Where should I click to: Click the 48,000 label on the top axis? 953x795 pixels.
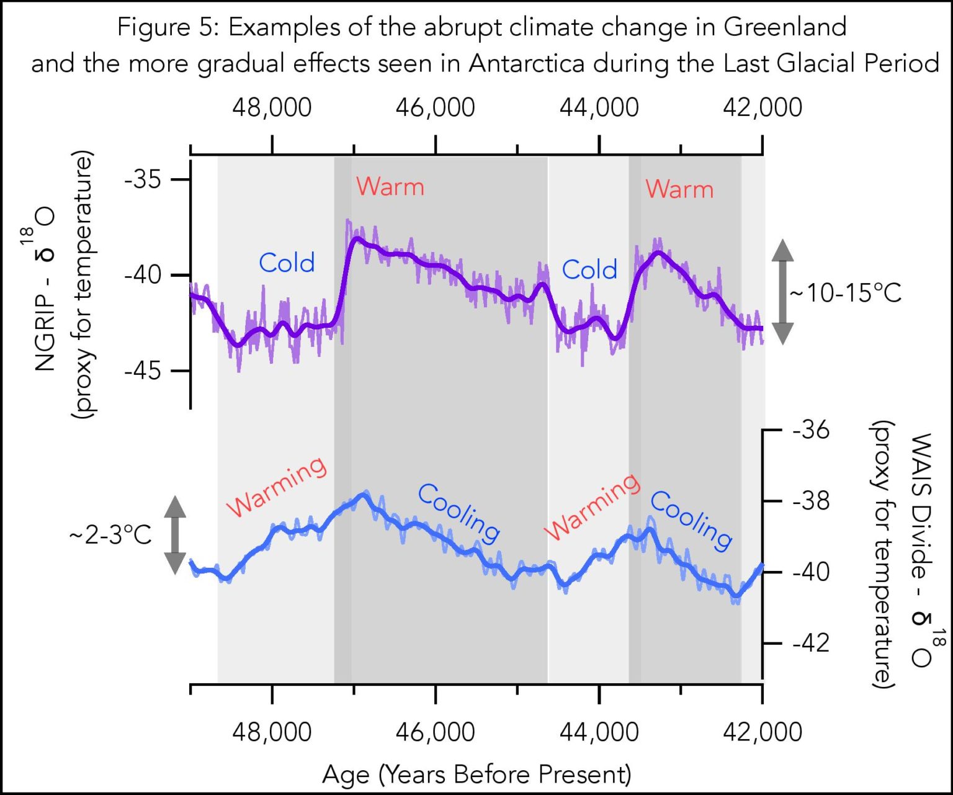point(272,107)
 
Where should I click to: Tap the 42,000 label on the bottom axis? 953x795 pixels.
point(762,732)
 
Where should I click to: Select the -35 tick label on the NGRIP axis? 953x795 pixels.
point(143,179)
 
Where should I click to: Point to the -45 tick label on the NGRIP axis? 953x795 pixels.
point(143,371)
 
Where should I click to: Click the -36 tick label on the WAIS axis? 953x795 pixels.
point(810,429)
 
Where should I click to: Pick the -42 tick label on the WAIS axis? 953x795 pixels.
point(810,643)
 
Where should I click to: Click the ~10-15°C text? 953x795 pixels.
point(845,293)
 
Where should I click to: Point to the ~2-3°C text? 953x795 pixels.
point(110,534)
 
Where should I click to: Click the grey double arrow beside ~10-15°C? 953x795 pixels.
point(782,292)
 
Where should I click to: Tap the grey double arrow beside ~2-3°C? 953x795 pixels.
point(175,535)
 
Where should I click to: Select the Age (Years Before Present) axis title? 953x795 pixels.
point(476,775)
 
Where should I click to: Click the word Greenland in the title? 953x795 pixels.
point(785,27)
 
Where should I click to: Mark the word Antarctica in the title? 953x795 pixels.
point(526,63)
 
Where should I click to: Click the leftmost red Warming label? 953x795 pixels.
point(276,487)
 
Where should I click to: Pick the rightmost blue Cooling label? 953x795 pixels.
point(691,520)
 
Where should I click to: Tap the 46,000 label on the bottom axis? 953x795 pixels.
point(435,732)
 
